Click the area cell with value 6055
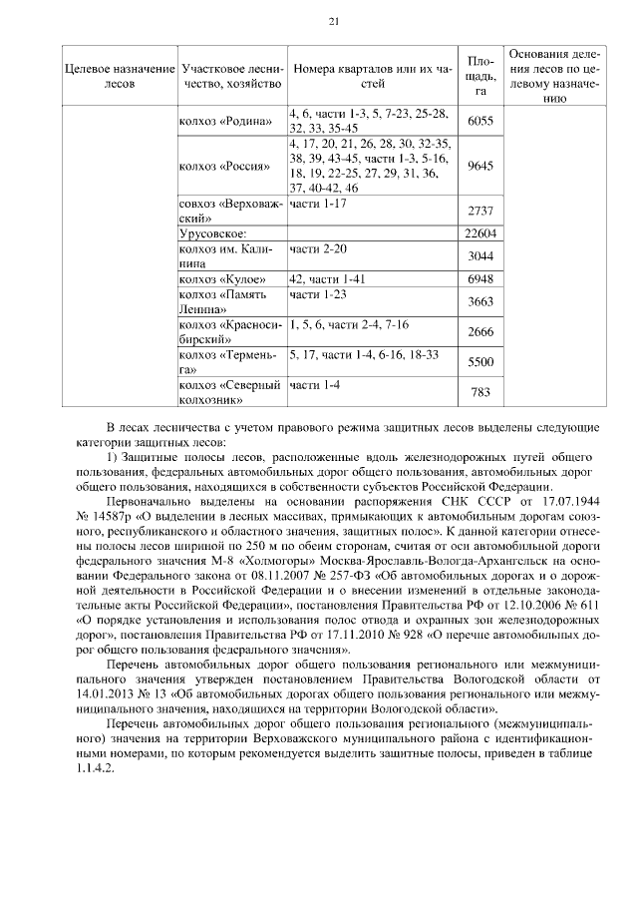coord(479,120)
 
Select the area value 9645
coord(479,166)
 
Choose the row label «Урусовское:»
coord(213,233)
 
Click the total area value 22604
coord(479,233)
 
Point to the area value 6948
coord(479,281)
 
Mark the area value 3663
coord(479,303)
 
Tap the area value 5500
coord(479,362)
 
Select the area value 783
coord(479,392)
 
